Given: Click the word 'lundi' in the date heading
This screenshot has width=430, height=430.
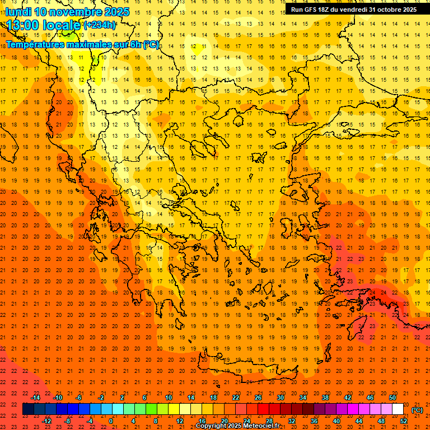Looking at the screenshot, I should pyautogui.click(x=18, y=12).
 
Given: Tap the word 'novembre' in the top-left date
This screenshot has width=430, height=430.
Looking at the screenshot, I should pyautogui.click(x=78, y=12).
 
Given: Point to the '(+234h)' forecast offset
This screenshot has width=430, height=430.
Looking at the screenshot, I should pyautogui.click(x=100, y=25).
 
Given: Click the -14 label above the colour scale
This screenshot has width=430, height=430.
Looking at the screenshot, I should pyautogui.click(x=35, y=398).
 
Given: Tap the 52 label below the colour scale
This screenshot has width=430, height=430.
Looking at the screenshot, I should pyautogui.click(x=404, y=421).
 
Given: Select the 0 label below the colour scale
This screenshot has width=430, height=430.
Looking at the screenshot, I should pyautogui.click(x=111, y=421).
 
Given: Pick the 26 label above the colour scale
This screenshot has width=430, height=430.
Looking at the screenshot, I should pyautogui.click(x=258, y=398).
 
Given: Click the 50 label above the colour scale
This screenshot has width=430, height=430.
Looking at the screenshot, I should pyautogui.click(x=392, y=398).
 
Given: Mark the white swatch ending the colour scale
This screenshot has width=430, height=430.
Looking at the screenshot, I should pyautogui.click(x=398, y=409).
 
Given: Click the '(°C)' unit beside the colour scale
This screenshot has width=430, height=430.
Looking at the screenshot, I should pyautogui.click(x=417, y=410).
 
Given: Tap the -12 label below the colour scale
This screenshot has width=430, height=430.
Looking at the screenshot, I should pyautogui.click(x=46, y=421).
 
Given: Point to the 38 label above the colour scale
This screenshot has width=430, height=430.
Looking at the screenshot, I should pyautogui.click(x=325, y=398).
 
